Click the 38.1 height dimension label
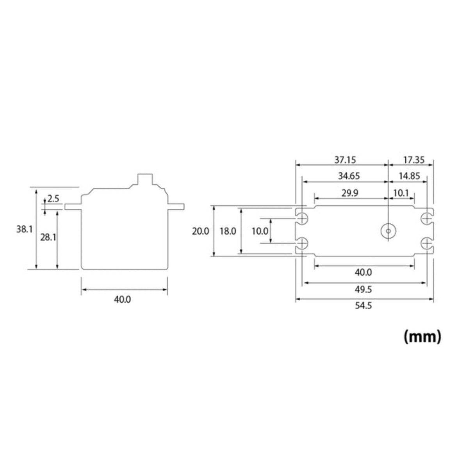click(24, 229)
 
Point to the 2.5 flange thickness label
click(53, 199)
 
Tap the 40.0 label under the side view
click(123, 299)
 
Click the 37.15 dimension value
click(345, 160)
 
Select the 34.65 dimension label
click(349, 176)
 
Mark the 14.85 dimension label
click(409, 176)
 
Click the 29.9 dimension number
click(350, 193)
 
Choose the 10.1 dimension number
click(401, 193)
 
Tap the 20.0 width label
click(200, 231)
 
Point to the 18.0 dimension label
click(228, 231)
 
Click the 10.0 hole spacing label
click(260, 231)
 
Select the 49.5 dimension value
click(363, 289)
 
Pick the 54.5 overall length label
click(364, 305)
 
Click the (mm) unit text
click(422, 336)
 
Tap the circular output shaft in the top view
click(388, 231)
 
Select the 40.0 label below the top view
click(363, 273)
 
